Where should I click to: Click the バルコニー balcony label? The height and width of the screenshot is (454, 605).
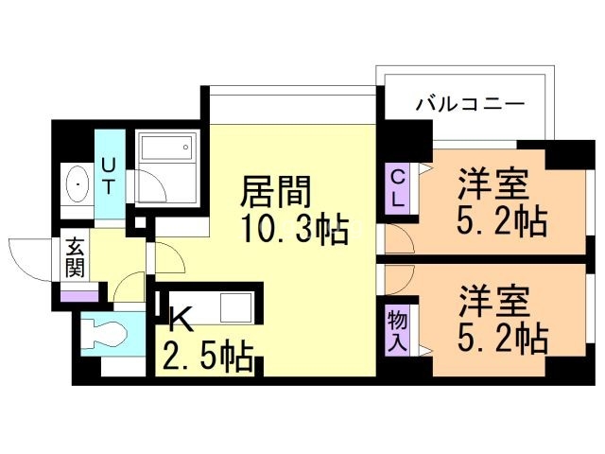[x=470, y=104]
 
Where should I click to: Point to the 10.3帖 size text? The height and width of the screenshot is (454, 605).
[x=294, y=230]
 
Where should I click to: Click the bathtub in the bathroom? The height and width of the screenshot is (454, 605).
[x=165, y=148]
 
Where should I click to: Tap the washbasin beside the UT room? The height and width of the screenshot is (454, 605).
[x=75, y=183]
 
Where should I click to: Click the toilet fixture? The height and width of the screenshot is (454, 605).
[x=102, y=334]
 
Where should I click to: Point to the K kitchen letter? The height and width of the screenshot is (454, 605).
[x=181, y=321]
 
